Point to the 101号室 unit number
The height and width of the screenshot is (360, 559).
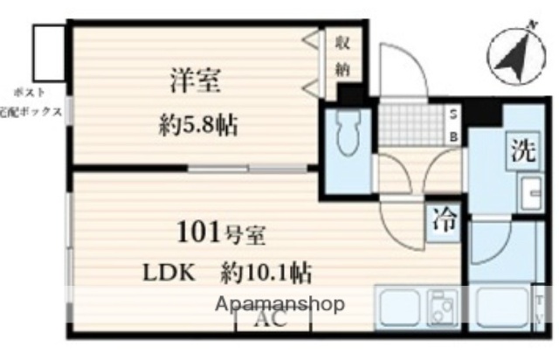pos(222,234)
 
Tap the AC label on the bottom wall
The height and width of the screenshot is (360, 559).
pos(273,320)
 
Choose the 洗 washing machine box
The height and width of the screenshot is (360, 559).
pos(523,150)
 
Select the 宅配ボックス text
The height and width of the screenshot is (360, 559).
pos(31,112)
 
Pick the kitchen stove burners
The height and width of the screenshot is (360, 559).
pos(439,309)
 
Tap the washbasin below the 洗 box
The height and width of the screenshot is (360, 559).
pos(529,191)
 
